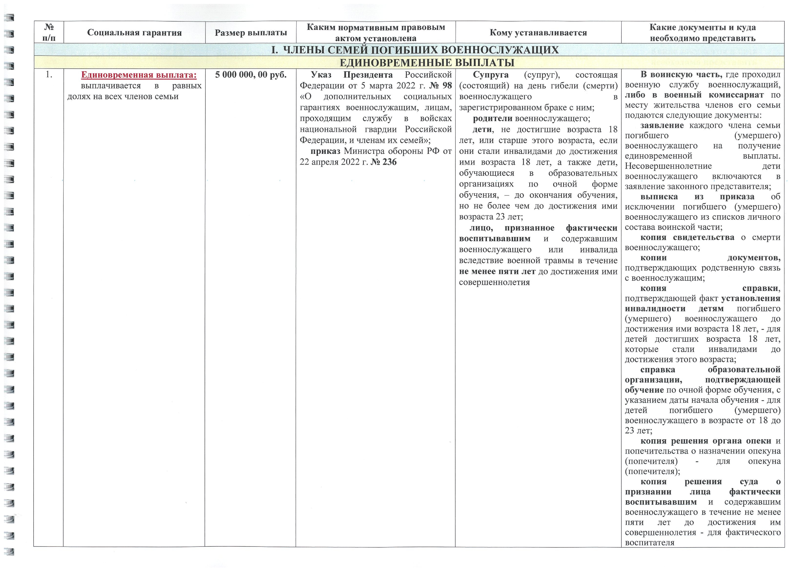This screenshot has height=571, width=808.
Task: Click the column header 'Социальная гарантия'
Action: coord(134,33)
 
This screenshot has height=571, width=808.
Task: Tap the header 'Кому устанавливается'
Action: coord(538,33)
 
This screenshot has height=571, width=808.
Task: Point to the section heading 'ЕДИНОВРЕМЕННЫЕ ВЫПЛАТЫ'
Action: coord(427,63)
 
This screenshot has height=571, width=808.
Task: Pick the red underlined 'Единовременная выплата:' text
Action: coord(139,75)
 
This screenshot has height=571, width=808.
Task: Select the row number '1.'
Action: coord(49,75)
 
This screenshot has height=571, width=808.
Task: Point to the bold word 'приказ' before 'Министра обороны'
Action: coord(325,151)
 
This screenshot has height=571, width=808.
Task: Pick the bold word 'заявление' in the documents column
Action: coord(662,126)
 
